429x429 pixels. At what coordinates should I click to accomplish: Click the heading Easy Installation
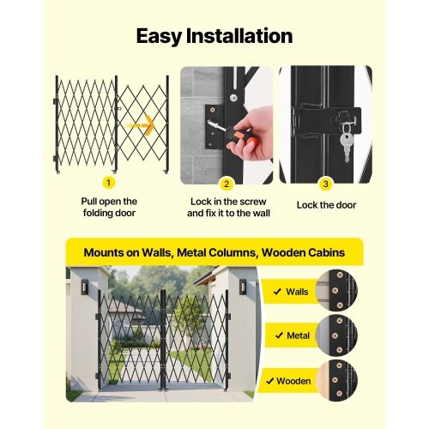pos(214,36)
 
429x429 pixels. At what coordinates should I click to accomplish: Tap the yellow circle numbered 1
pos(108,183)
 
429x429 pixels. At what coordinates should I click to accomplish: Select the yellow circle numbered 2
pos(227,183)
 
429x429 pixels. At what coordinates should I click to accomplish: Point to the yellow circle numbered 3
pos(325,183)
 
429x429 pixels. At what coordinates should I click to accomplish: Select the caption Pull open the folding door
pos(108,206)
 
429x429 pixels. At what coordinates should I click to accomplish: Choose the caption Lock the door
pos(325,206)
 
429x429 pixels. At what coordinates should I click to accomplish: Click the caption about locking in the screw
pos(227,206)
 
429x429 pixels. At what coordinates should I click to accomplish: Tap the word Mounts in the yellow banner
pos(111,253)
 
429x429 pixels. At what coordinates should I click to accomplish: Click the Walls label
pos(297,292)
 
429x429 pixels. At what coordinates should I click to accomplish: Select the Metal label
pos(297,335)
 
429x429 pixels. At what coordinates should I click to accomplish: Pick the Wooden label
pos(293,379)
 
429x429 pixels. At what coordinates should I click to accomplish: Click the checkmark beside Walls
pos(276,292)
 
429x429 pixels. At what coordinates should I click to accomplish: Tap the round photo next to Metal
pos(336,335)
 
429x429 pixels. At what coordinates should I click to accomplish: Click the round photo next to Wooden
pos(336,379)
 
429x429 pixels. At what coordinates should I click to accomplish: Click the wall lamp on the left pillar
pos(83,286)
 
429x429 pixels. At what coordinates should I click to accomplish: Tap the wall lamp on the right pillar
pos(242,286)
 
